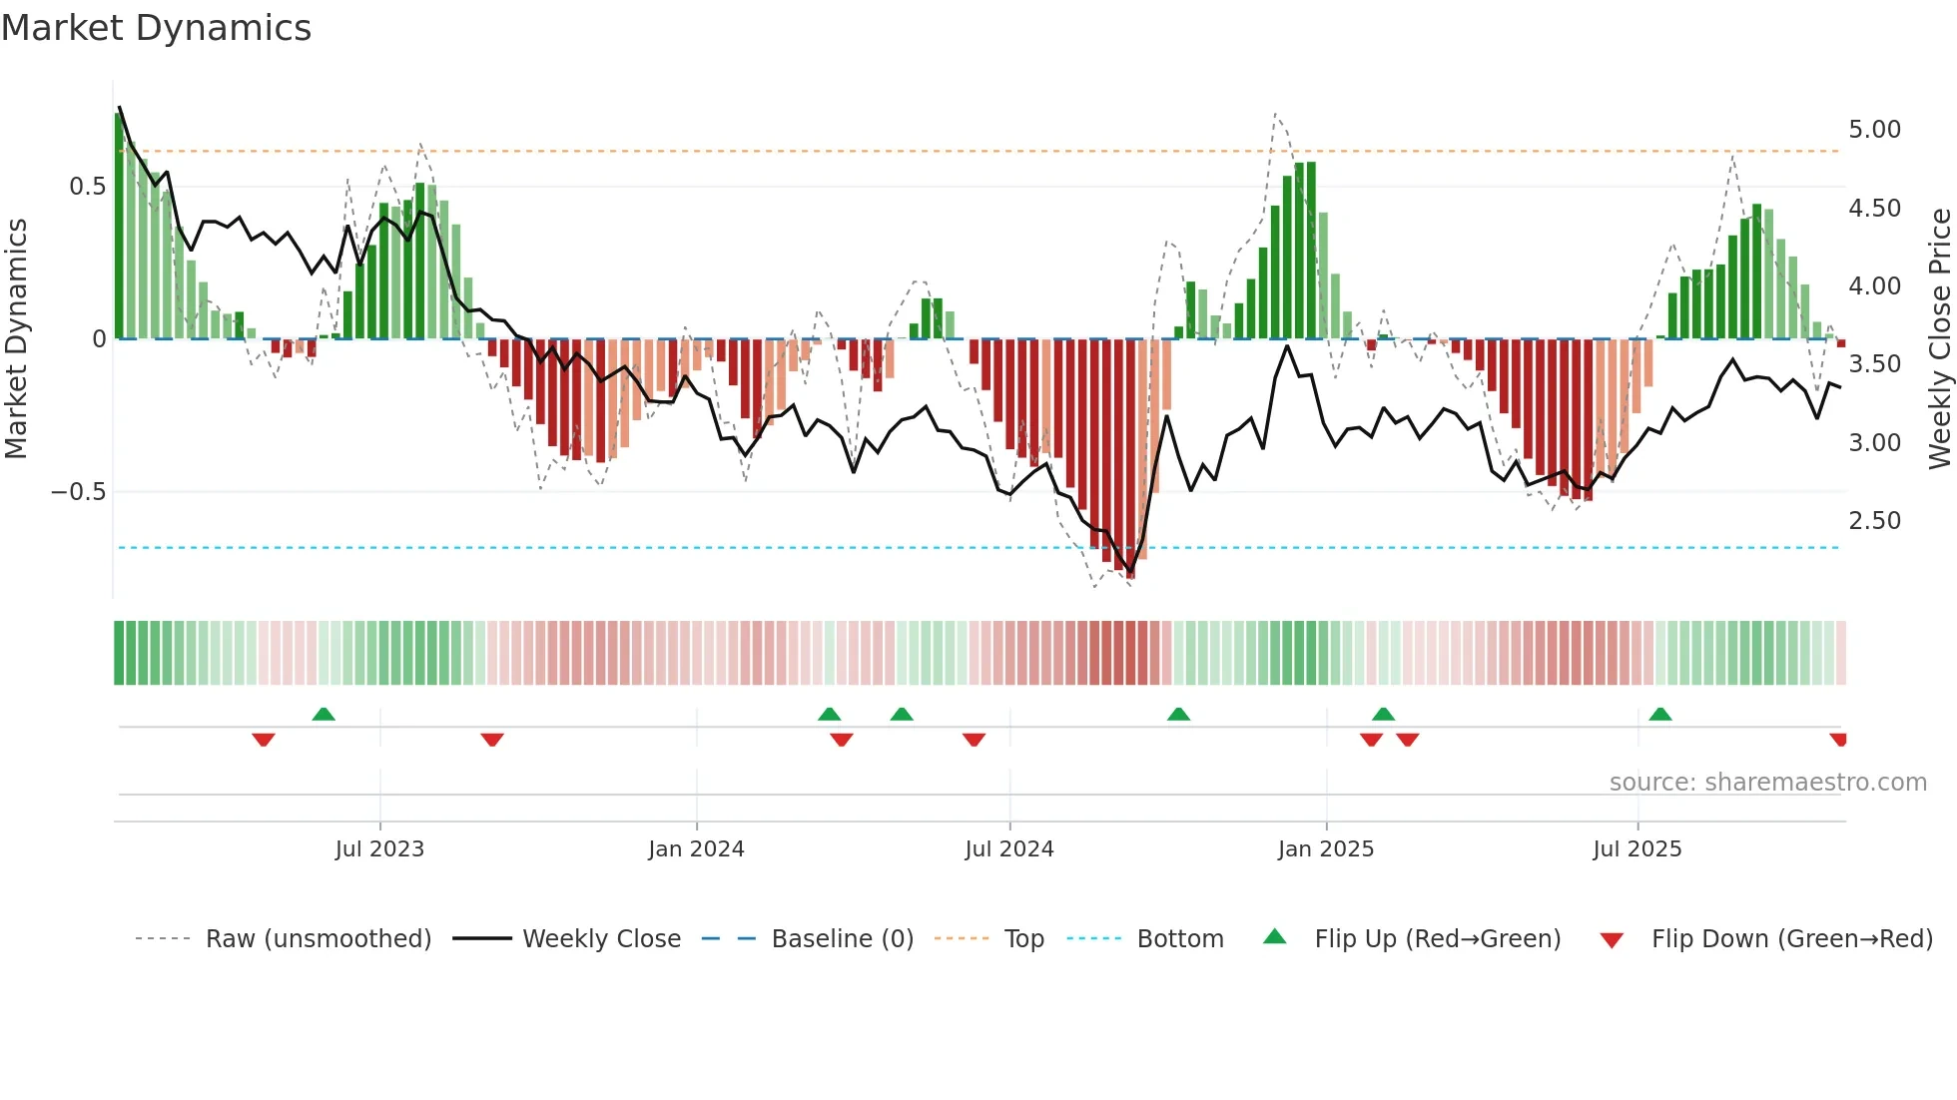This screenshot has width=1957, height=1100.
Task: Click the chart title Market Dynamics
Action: (x=156, y=28)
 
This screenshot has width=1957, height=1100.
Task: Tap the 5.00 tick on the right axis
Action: (x=1874, y=130)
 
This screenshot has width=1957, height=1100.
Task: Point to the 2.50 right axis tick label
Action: (x=1874, y=521)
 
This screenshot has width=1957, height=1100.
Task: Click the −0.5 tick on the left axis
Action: (x=78, y=492)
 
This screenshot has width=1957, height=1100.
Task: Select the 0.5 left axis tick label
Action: (x=87, y=187)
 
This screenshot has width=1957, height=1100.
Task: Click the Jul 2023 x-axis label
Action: (x=379, y=849)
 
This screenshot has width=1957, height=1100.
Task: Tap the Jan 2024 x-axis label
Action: (x=696, y=849)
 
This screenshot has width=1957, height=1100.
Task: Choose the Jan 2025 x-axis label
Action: (x=1325, y=849)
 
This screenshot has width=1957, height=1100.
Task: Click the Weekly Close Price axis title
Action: (x=1939, y=339)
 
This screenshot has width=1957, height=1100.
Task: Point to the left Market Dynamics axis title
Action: (x=16, y=339)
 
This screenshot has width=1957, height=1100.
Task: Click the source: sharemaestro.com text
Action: (x=1767, y=783)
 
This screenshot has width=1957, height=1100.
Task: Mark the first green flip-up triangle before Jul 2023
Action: (x=324, y=715)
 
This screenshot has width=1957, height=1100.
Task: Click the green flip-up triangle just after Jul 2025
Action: (x=1660, y=715)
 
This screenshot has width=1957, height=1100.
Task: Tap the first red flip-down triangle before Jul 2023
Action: (x=264, y=740)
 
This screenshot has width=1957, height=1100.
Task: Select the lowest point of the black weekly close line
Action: (x=1130, y=572)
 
